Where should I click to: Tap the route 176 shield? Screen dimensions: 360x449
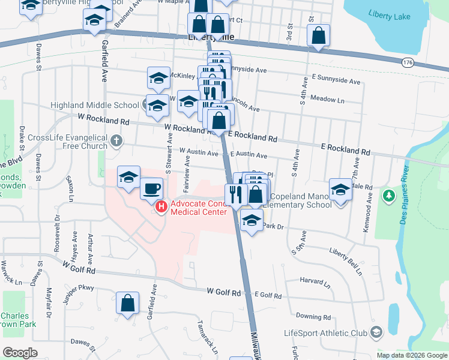tap(408, 62)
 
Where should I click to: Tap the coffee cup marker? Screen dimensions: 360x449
tap(151, 189)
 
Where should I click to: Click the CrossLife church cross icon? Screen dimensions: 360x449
tap(116, 142)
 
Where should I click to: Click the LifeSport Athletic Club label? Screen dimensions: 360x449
tap(326, 333)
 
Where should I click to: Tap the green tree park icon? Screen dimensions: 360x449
tap(389, 196)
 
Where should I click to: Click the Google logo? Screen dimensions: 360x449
tap(20, 352)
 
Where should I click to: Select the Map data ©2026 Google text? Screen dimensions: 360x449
tap(412, 355)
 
